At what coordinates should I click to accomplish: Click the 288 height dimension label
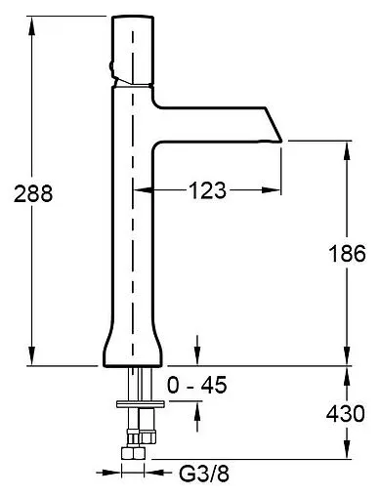point(33,193)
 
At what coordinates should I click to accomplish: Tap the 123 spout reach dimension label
point(207,190)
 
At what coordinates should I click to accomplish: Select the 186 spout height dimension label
point(347,253)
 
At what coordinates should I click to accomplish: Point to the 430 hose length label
point(346,414)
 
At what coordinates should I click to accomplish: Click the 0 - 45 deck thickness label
point(196,385)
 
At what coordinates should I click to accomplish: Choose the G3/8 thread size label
point(204,474)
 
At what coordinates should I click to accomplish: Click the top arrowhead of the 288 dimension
point(31,25)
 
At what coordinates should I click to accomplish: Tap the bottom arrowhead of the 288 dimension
point(31,356)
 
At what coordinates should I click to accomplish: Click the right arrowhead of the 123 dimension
point(271,189)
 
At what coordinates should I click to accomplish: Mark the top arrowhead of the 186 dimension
point(347,150)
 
